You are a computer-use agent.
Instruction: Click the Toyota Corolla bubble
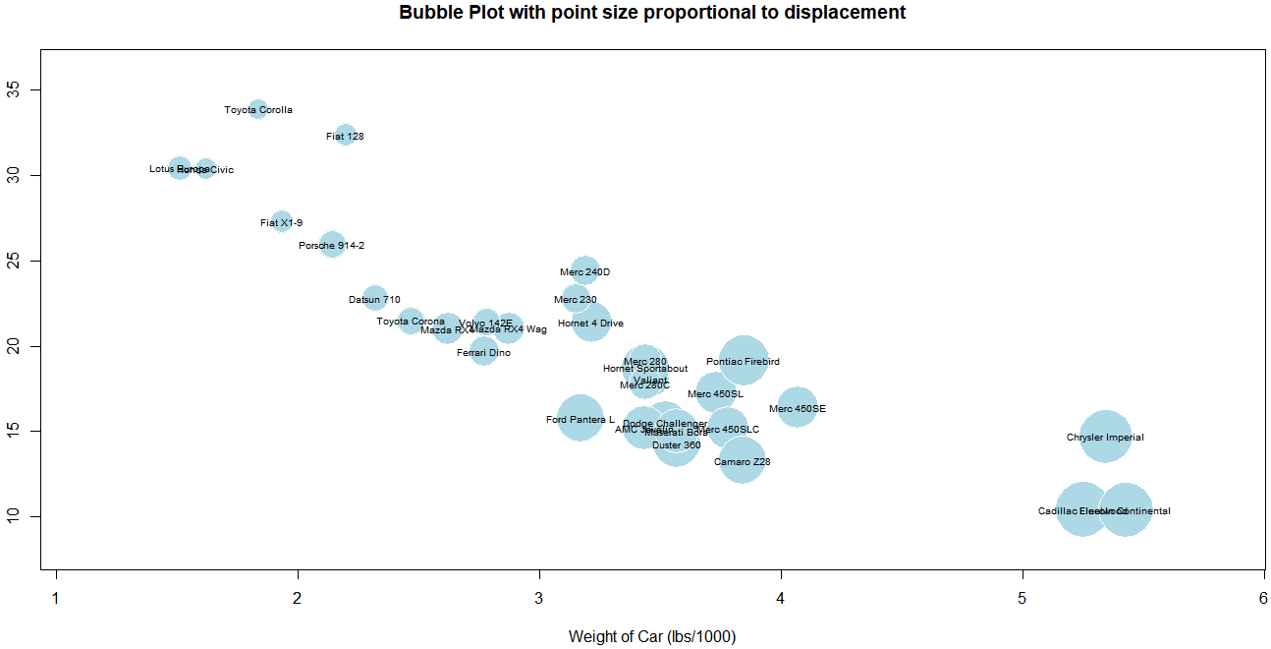point(258,109)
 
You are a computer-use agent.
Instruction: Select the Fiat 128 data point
point(345,136)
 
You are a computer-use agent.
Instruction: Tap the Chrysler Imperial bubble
point(1105,437)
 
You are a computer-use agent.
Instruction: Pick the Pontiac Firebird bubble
point(743,361)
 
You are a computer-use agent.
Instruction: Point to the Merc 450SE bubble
point(797,408)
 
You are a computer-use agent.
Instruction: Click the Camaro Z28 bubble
point(742,460)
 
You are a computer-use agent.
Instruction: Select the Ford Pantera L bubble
point(580,419)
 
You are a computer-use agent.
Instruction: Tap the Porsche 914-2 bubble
point(332,245)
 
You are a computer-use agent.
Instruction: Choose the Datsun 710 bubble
point(374,299)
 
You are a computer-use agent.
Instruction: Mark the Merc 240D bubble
point(584,271)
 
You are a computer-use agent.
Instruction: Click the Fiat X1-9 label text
point(282,223)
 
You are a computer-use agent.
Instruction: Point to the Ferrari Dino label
point(483,353)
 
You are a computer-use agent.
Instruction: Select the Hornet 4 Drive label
point(590,324)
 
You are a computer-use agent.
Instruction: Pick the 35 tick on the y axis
point(24,90)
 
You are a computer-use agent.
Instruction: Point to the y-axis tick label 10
point(24,516)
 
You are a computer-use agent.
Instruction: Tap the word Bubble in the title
point(428,13)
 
